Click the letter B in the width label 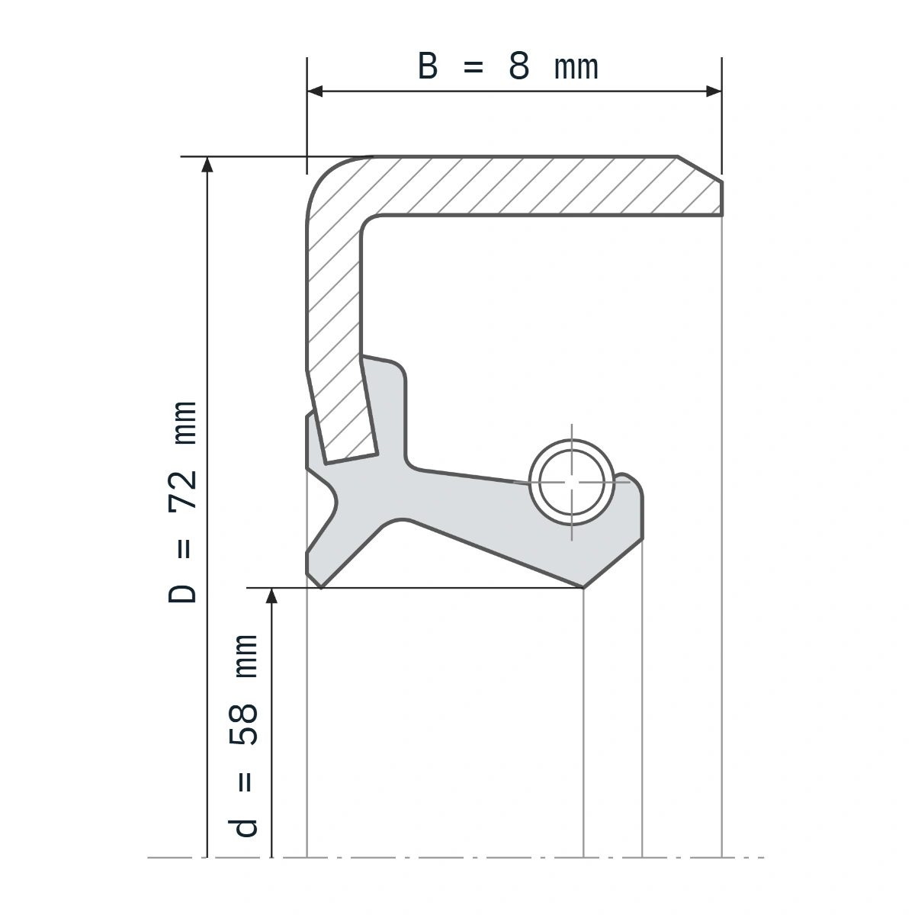click(x=427, y=66)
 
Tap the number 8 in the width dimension click(x=518, y=66)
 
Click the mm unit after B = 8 click(x=576, y=69)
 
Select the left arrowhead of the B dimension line click(x=315, y=91)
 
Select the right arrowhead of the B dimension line click(x=714, y=91)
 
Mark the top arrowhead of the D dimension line click(x=207, y=164)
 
